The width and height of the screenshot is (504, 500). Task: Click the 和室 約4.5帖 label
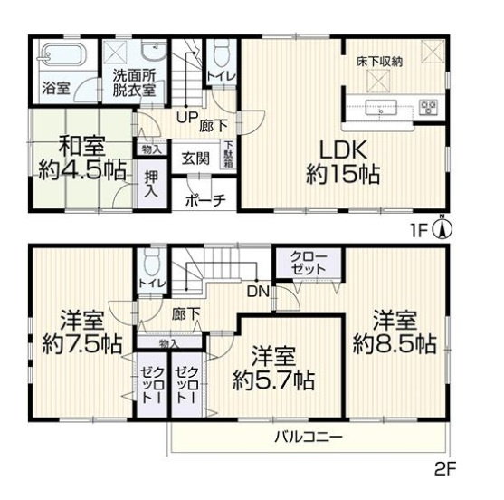pyautogui.click(x=75, y=156)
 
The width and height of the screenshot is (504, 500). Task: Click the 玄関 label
pyautogui.click(x=191, y=158)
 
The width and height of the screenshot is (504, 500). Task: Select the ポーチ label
pyautogui.click(x=203, y=201)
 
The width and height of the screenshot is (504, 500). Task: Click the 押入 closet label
pyautogui.click(x=150, y=183)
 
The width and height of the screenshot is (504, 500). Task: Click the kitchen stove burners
pyautogui.click(x=426, y=110)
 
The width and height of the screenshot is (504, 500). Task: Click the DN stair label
pyautogui.click(x=258, y=291)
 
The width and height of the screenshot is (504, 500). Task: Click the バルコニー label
pyautogui.click(x=309, y=437)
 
